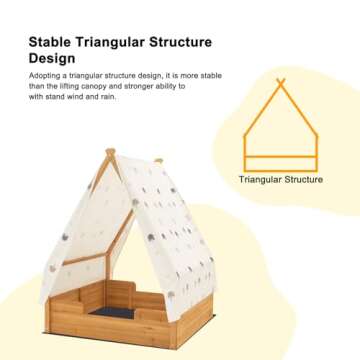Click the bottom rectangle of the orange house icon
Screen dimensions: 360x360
282,162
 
